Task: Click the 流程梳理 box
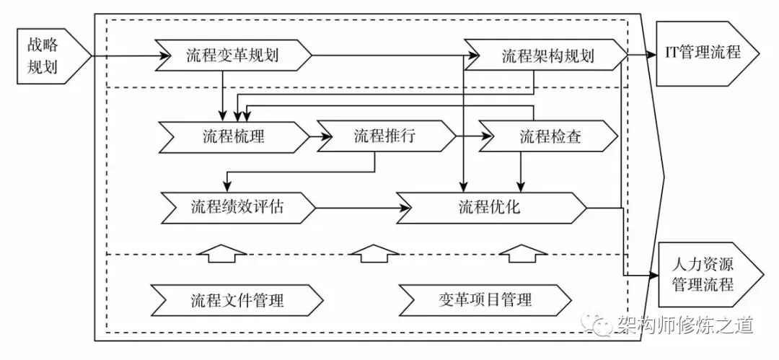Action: tap(231, 136)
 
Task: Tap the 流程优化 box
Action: tap(490, 208)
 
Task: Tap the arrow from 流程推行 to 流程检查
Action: tap(470, 136)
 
